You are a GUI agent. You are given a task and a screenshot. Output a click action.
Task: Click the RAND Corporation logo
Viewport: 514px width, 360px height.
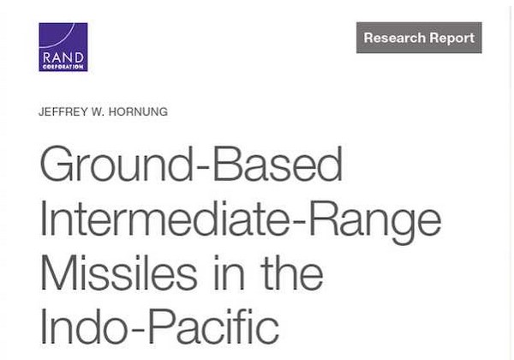coord(63,47)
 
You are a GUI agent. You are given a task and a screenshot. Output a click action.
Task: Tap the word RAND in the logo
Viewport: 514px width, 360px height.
coord(63,58)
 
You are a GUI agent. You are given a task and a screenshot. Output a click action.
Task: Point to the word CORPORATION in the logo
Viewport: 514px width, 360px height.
coord(63,67)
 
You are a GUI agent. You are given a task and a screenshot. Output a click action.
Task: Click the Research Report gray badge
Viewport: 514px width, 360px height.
coord(419,38)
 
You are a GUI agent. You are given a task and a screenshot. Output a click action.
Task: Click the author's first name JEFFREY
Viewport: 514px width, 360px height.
coord(63,111)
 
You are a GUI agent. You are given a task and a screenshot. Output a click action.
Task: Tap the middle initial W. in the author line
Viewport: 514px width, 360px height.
coord(98,111)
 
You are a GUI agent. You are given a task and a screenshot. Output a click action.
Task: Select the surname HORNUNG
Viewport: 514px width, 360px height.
coord(138,111)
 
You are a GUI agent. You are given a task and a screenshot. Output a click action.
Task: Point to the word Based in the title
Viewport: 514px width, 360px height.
coord(278,164)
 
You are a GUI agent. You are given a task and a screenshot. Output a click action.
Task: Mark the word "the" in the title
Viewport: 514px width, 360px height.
coord(292,272)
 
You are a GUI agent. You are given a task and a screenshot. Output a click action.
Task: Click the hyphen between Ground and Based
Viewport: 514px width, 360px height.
coord(202,168)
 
